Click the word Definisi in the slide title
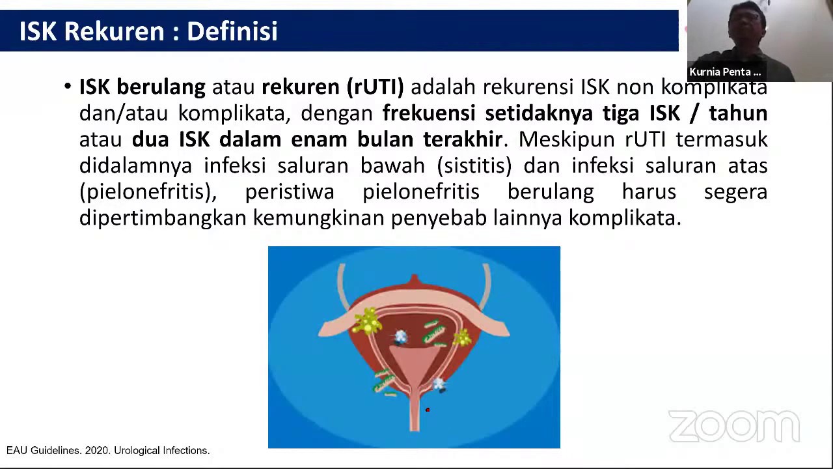pyautogui.click(x=232, y=31)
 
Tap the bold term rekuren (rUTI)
pyautogui.click(x=333, y=87)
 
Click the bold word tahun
pyautogui.click(x=738, y=113)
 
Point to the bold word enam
pyautogui.click(x=318, y=139)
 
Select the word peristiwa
pyautogui.click(x=290, y=192)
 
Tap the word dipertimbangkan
pyautogui.click(x=163, y=218)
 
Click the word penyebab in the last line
pyautogui.click(x=439, y=218)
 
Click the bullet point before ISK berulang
pyautogui.click(x=68, y=87)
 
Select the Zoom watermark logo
pyautogui.click(x=734, y=427)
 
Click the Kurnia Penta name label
pyautogui.click(x=725, y=72)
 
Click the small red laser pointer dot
pyautogui.click(x=428, y=410)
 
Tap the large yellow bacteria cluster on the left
pyautogui.click(x=368, y=320)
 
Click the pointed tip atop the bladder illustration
pyautogui.click(x=415, y=278)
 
